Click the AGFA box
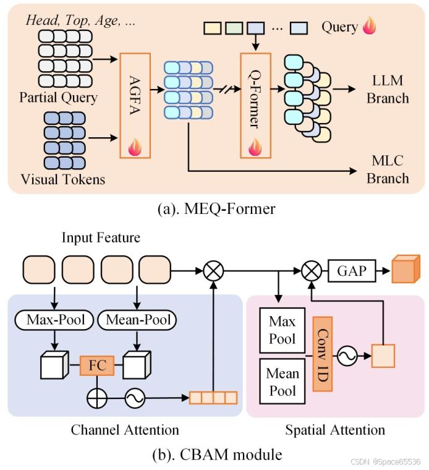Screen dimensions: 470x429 [135, 105]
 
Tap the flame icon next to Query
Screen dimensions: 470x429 [369, 27]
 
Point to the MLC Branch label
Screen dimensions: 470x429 [388, 169]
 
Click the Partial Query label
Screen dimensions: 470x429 [58, 98]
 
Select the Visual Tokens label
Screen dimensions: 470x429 [62, 180]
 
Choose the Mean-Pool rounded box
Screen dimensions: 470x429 [137, 320]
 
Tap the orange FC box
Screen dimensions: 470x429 [96, 365]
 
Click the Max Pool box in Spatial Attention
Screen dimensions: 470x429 [282, 330]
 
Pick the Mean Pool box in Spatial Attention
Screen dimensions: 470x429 [282, 382]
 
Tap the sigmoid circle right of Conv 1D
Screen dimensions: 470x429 [347, 356]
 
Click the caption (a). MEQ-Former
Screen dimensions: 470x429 [214, 208]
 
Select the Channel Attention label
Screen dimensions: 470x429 [125, 429]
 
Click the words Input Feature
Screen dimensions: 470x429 [101, 237]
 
